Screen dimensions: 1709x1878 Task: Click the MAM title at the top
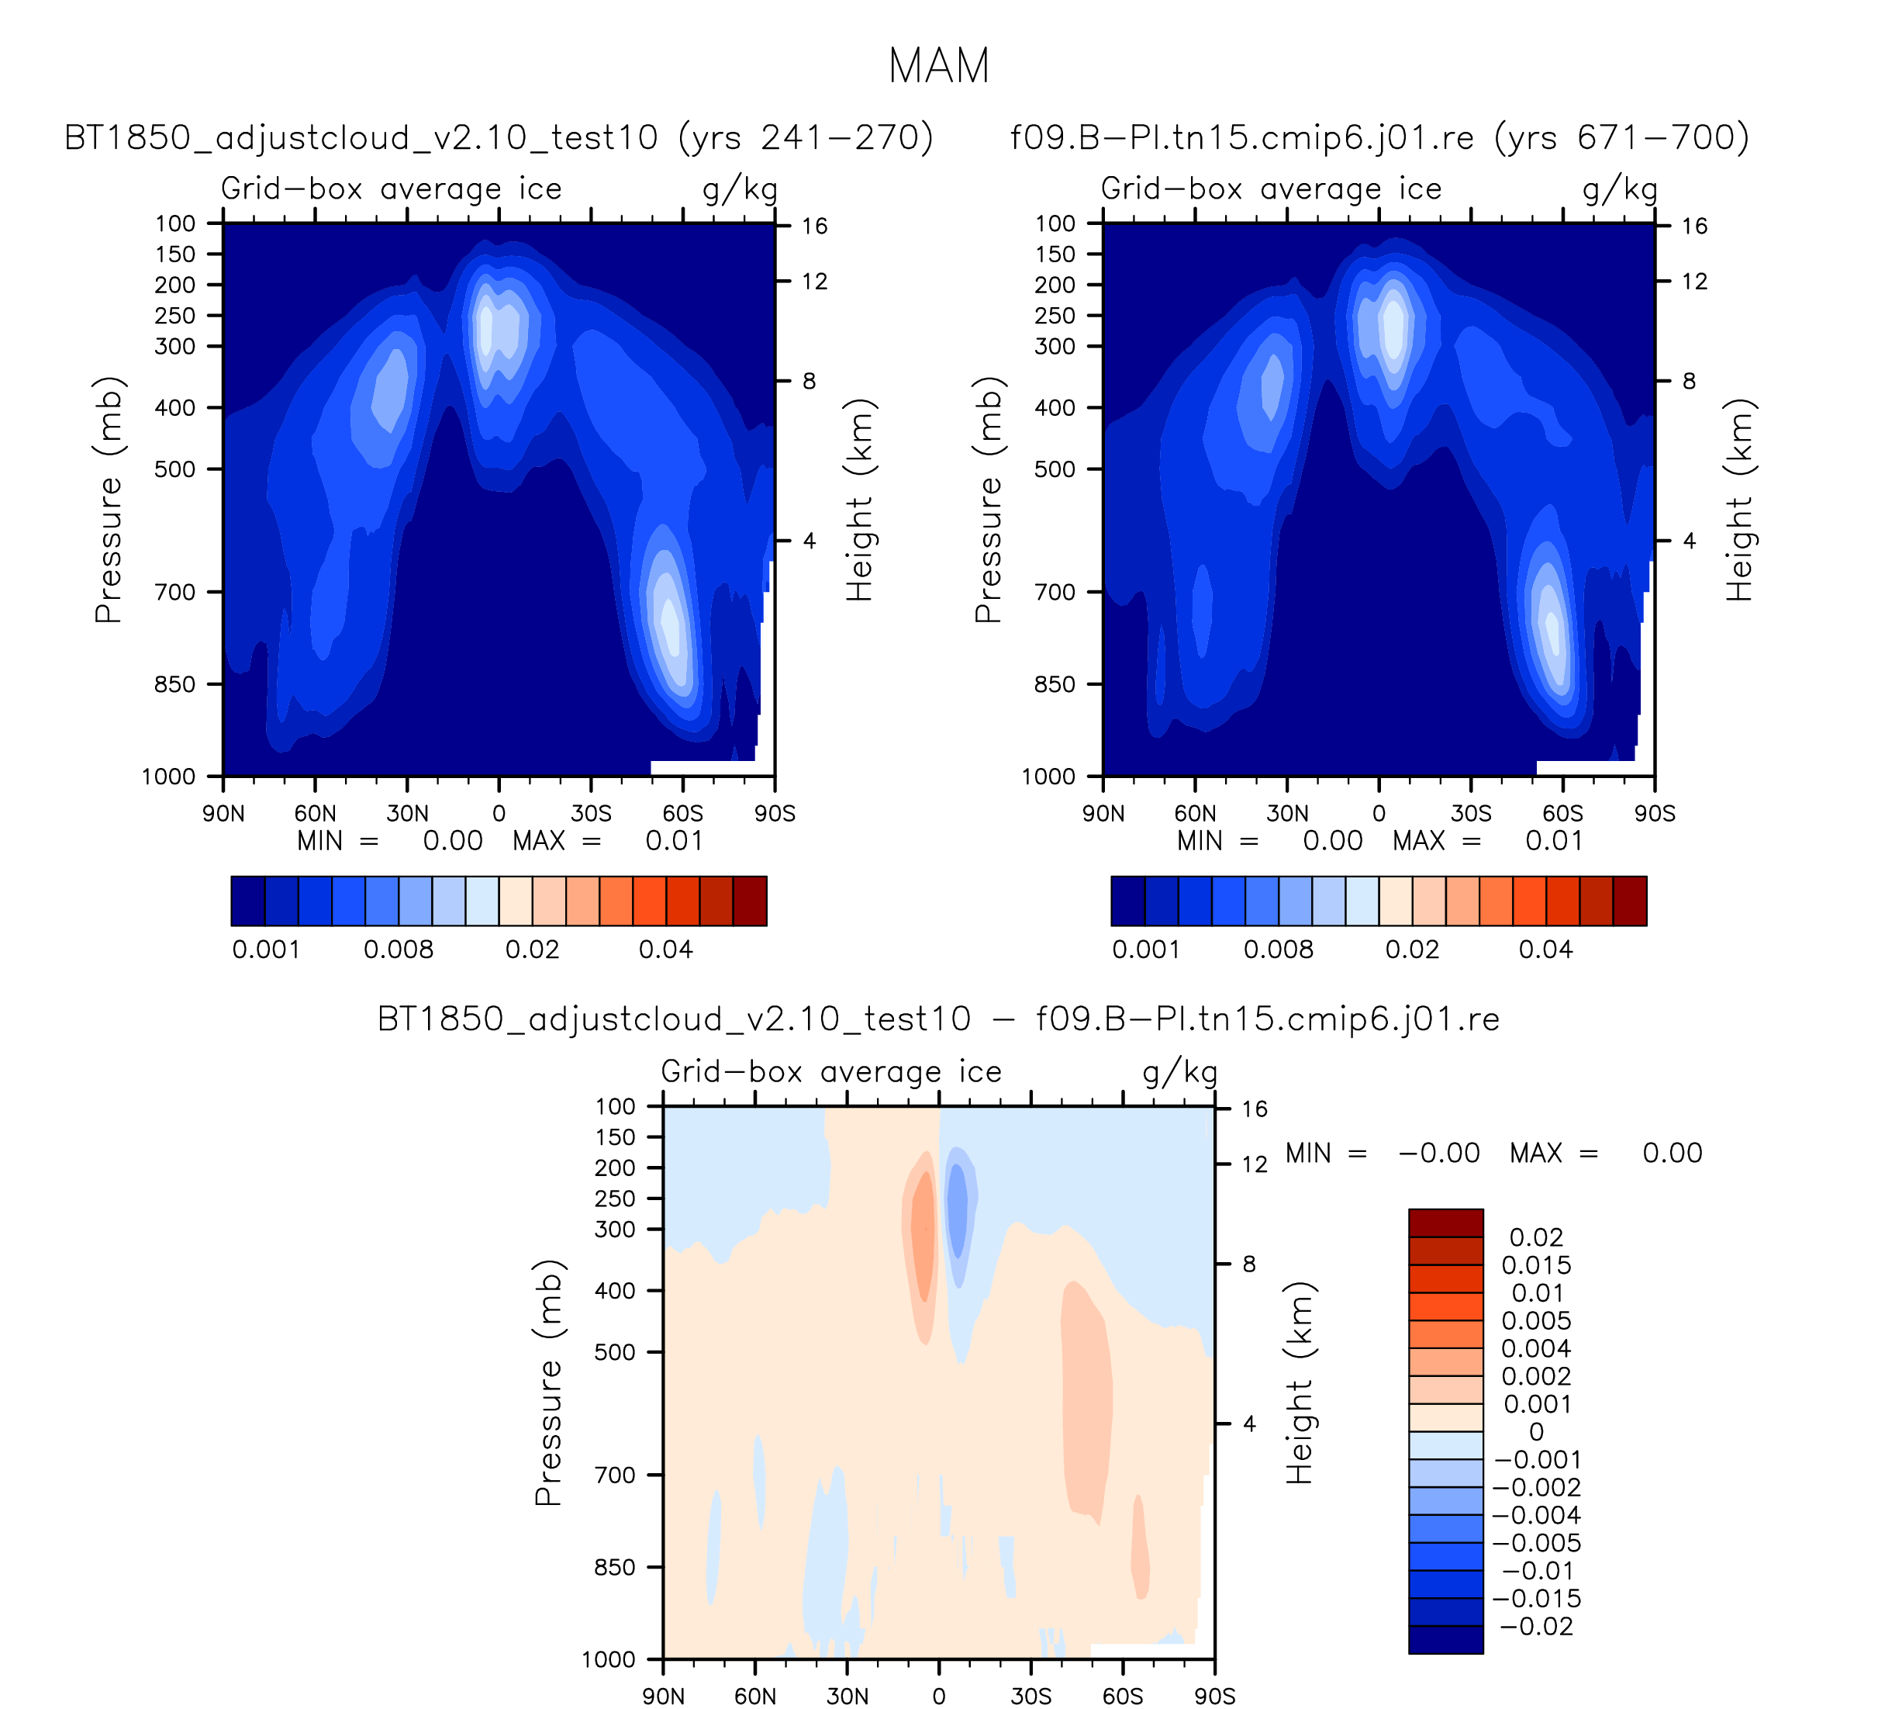(938, 66)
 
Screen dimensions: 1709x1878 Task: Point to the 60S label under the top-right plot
(1562, 815)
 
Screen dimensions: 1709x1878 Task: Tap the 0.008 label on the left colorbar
(398, 950)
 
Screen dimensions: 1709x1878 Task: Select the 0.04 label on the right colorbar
(1545, 950)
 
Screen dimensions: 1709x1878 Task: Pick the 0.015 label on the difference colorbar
(1536, 1265)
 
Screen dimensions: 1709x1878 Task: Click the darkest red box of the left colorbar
(750, 901)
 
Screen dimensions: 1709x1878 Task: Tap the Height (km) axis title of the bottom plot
(1300, 1383)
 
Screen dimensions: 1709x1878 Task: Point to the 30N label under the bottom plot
(847, 1696)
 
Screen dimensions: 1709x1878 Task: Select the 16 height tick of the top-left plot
(814, 227)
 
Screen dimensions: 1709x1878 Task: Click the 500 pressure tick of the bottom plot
(616, 1352)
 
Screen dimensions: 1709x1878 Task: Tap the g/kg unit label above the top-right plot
(1620, 190)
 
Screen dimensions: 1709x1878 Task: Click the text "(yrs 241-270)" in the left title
(806, 138)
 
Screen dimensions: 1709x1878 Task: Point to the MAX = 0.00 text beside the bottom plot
(1606, 1154)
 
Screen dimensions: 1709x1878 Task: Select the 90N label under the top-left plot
(223, 815)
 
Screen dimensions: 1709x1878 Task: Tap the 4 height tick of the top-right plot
(1689, 541)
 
